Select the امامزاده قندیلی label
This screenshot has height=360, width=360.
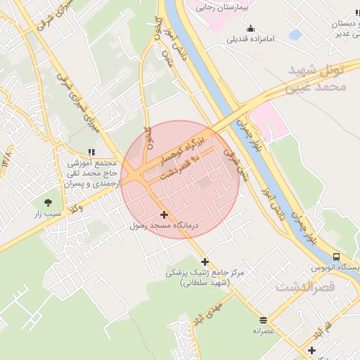(x=251, y=39)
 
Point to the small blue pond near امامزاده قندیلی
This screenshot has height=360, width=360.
(x=295, y=34)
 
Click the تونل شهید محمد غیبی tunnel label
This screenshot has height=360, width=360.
(x=324, y=77)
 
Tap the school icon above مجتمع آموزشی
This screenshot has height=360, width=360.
(x=91, y=152)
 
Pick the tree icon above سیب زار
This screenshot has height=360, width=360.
(x=48, y=202)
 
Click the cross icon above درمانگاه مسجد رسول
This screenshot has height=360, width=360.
(x=165, y=214)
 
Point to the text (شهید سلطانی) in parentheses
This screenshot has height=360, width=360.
(x=205, y=282)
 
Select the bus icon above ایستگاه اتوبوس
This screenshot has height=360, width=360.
(x=336, y=257)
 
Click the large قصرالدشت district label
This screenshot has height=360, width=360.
(x=316, y=287)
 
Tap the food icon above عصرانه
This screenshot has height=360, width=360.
(x=263, y=319)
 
